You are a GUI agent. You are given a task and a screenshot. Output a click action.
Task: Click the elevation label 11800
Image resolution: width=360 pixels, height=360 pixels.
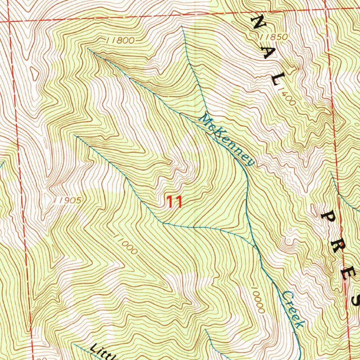[x=120, y=40]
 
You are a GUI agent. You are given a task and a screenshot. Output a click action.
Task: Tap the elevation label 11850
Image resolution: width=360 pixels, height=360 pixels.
[x=274, y=37]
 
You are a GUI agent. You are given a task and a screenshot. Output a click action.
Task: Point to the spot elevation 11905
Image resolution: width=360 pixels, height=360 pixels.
[x=68, y=201]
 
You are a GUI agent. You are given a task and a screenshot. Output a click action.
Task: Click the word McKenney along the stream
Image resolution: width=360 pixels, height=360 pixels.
[x=226, y=140]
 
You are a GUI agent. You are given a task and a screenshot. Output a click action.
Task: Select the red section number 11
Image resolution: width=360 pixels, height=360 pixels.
[x=174, y=202]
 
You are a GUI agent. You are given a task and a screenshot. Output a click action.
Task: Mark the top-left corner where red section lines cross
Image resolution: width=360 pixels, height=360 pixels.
[x=9, y=21]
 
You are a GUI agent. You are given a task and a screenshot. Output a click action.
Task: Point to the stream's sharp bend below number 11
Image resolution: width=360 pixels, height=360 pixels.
[x=162, y=223]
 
